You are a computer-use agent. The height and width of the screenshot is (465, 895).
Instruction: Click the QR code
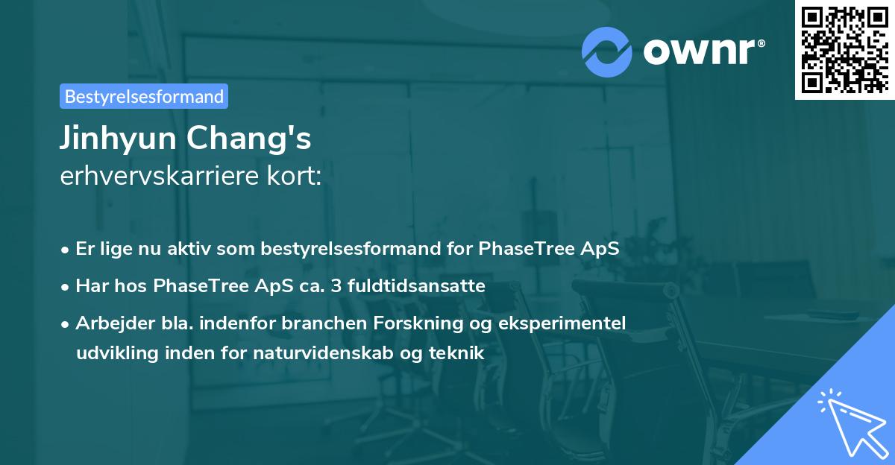844,50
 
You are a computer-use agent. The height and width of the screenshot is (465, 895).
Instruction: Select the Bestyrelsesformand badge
144,96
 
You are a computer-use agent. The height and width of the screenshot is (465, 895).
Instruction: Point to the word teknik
459,352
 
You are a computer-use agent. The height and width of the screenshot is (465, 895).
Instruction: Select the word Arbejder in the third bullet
109,323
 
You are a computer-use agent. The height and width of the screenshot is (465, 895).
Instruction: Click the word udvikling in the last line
110,352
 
